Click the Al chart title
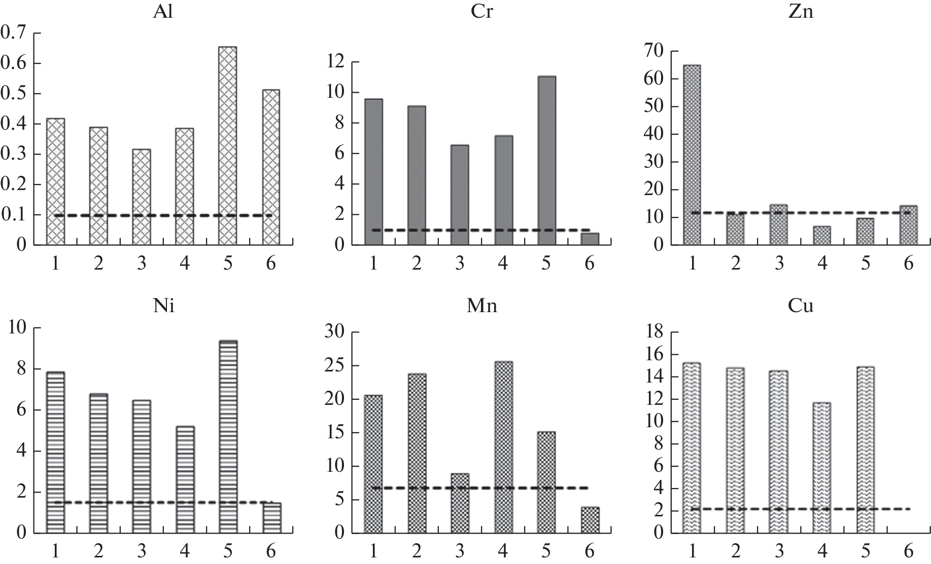tap(163, 11)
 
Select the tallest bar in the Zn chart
tap(692, 155)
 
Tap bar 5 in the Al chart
tap(227, 146)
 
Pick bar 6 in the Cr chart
tap(590, 239)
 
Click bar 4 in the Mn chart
tap(503, 447)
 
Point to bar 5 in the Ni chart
tap(227, 437)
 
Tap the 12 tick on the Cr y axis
tap(336, 62)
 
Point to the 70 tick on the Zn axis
tap(654, 51)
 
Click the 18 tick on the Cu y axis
tap(654, 332)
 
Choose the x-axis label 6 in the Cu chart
tap(909, 550)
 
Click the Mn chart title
tap(481, 306)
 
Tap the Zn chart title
tap(801, 11)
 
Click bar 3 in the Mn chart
tap(460, 503)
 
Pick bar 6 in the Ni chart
tap(271, 518)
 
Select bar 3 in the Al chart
tap(141, 197)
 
